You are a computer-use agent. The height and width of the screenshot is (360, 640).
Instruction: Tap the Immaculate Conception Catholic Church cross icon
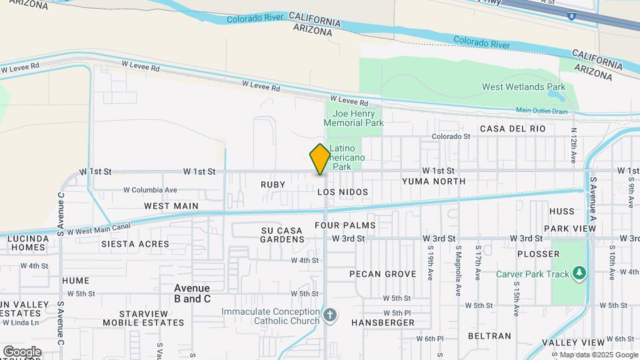point(329,314)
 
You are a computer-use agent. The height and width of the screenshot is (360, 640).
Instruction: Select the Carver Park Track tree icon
point(579,273)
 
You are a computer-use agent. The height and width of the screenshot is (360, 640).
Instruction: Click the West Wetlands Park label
point(523,87)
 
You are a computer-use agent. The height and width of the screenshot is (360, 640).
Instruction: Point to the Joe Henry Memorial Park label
point(354,118)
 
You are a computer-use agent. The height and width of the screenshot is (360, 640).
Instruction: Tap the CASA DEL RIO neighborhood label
point(512,129)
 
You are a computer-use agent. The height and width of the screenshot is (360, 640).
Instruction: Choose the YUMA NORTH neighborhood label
point(433,181)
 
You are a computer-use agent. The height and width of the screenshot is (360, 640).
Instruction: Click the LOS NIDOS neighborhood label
point(343,192)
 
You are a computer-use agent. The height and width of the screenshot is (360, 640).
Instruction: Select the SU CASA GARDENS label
point(281,235)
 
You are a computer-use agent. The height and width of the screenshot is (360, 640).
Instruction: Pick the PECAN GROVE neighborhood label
point(378,274)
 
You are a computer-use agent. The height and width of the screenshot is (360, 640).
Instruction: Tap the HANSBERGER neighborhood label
point(383,323)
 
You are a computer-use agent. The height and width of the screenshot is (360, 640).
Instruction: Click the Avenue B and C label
point(192,293)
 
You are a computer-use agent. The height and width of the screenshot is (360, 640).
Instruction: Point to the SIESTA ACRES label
point(135,244)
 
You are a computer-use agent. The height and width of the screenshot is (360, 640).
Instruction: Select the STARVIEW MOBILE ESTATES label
point(143,318)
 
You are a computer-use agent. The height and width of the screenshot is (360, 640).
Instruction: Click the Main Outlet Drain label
point(541,111)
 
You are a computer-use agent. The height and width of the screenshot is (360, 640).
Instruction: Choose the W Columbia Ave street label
point(150,189)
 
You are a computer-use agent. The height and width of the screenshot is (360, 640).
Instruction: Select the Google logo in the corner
point(22,351)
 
